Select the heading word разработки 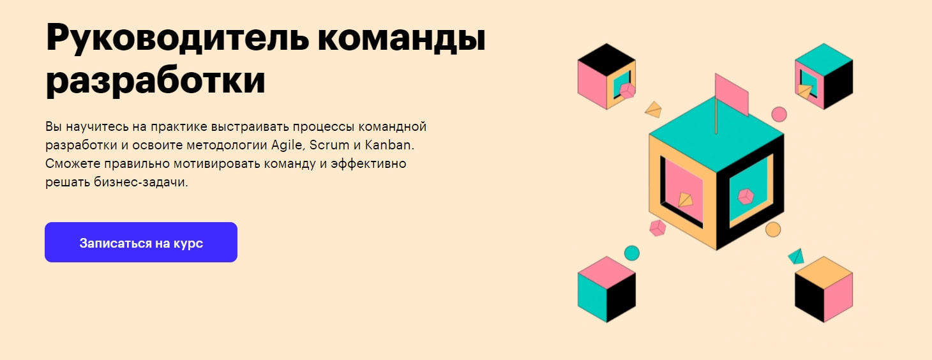click(155, 81)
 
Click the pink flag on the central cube click(732, 94)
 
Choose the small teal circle click(631, 253)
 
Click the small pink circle click(779, 114)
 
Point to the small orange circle click(773, 230)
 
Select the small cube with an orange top click(823, 289)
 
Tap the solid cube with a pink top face click(606, 289)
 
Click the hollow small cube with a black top click(606, 76)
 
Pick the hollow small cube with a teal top click(823, 76)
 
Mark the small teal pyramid click(796, 257)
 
